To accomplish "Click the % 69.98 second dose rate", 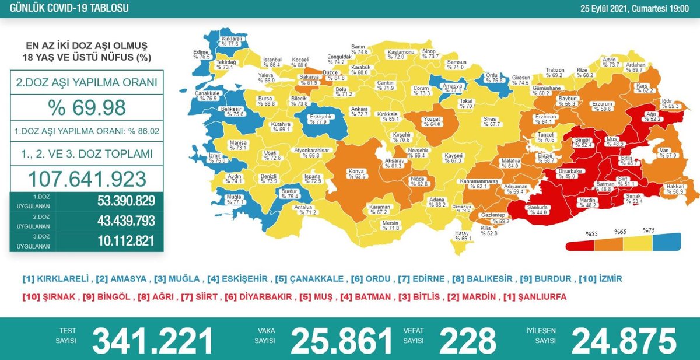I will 87,108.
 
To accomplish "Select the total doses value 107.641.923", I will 87,178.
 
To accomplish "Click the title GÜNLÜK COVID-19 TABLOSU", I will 66,8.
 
